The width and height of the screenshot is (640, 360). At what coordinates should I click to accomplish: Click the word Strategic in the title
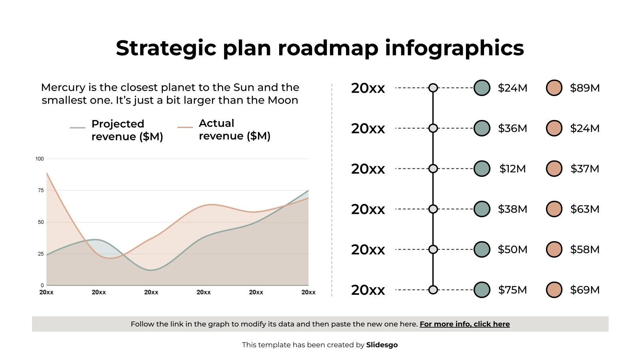166,48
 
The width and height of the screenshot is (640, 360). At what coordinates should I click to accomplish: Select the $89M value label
584,88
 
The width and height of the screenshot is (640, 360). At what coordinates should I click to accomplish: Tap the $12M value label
512,169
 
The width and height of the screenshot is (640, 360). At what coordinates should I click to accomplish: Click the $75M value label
512,290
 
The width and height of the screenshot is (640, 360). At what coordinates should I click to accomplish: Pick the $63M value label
584,209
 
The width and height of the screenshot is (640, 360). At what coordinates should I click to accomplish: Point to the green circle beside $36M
482,128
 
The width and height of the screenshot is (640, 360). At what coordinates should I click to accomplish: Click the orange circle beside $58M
554,250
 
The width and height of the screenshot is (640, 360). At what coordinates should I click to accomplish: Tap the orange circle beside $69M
554,290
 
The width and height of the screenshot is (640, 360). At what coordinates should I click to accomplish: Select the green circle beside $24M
482,88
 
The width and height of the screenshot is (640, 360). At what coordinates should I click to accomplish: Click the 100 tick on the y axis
40,159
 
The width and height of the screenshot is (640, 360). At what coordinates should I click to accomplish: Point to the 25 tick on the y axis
40,254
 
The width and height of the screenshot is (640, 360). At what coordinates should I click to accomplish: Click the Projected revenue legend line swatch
78,128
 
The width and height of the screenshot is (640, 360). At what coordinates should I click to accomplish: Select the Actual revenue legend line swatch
185,128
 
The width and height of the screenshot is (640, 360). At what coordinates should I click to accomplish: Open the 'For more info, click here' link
464,324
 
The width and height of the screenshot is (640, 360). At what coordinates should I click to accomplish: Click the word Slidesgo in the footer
382,345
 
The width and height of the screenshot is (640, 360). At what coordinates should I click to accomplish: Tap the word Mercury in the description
63,88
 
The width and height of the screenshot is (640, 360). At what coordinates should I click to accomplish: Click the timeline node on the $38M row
433,209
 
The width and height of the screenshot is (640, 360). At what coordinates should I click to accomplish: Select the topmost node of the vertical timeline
433,88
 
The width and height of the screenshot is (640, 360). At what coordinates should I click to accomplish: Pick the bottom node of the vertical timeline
433,290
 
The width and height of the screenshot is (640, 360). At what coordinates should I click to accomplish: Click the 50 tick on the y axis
40,222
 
